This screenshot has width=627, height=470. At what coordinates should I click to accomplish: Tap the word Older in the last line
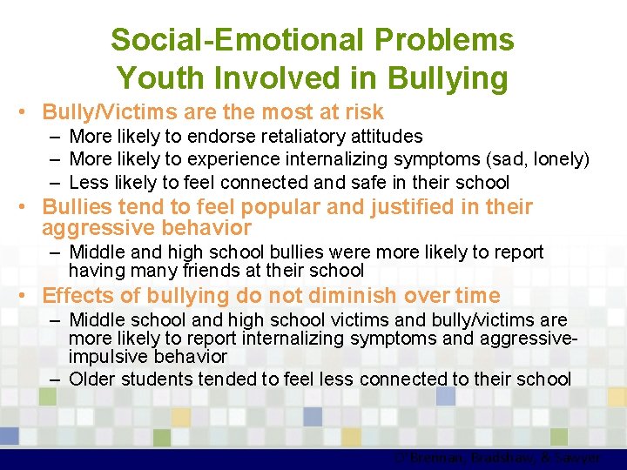click(x=92, y=379)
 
